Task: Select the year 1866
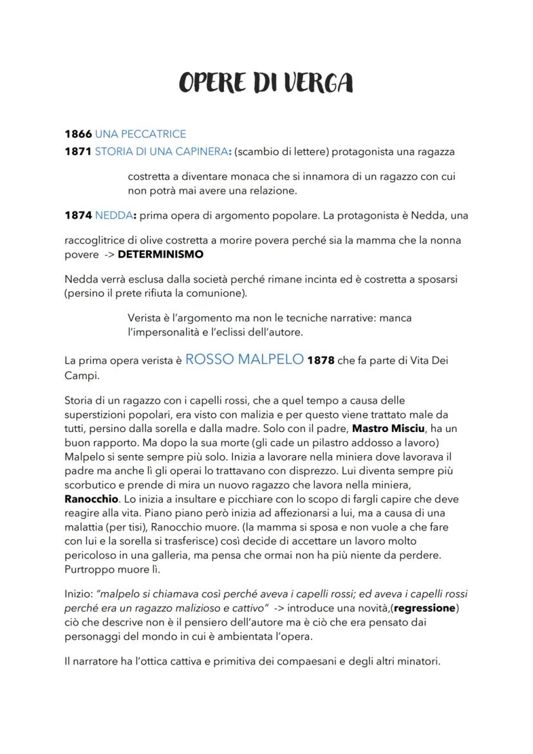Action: pos(78,134)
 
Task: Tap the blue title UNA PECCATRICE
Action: pos(140,134)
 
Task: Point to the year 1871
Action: pos(78,152)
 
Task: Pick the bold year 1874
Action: pos(78,216)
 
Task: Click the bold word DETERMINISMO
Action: pos(160,254)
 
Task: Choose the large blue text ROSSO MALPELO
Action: pos(245,360)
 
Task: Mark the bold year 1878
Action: pos(321,361)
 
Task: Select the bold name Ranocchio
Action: pos(91,499)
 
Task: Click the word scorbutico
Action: pos(91,485)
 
